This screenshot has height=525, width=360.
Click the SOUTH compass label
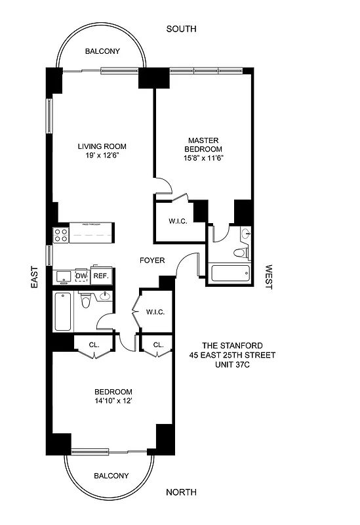tap(181, 29)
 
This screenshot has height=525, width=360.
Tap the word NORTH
tap(181, 492)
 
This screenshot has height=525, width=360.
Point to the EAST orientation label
tap(34, 277)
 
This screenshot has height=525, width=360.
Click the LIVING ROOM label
tap(102, 146)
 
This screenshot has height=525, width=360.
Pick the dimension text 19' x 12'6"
tap(102, 156)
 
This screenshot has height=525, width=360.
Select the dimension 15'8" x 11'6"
tap(203, 157)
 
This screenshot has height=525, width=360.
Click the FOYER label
tap(152, 261)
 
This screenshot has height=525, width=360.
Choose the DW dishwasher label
tap(81, 276)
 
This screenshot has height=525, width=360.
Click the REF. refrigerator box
tap(100, 276)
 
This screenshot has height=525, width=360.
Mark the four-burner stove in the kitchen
tap(61, 234)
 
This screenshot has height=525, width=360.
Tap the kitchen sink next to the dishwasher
tap(64, 276)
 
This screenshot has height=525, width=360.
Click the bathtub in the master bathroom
tap(229, 274)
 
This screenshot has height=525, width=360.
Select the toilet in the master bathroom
tap(240, 253)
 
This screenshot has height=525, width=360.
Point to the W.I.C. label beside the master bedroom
tap(178, 221)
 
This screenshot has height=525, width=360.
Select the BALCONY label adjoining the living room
tap(102, 51)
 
